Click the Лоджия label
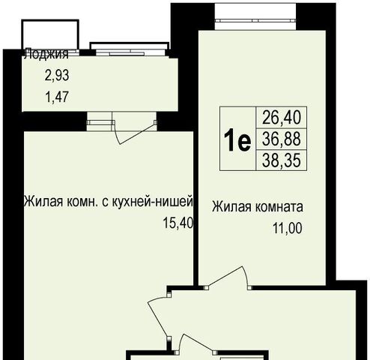pos(46,54)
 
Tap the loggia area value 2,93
pos(57,75)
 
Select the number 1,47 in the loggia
pos(57,97)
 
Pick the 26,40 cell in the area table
pos(282,118)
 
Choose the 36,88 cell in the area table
pos(282,139)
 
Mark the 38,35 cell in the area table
pos(282,160)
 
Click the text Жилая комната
pos(258,207)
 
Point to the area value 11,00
pos(288,228)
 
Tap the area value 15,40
pos(178,223)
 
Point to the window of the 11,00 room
pos(255,21)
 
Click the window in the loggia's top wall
pos(130,52)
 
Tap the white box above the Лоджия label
pos(50,34)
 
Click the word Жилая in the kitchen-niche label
pos(43,202)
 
